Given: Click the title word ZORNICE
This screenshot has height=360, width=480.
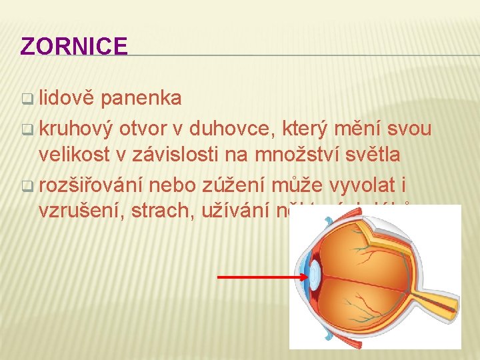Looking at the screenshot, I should coord(74,46).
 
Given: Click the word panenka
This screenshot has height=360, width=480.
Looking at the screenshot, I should coord(143,98).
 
